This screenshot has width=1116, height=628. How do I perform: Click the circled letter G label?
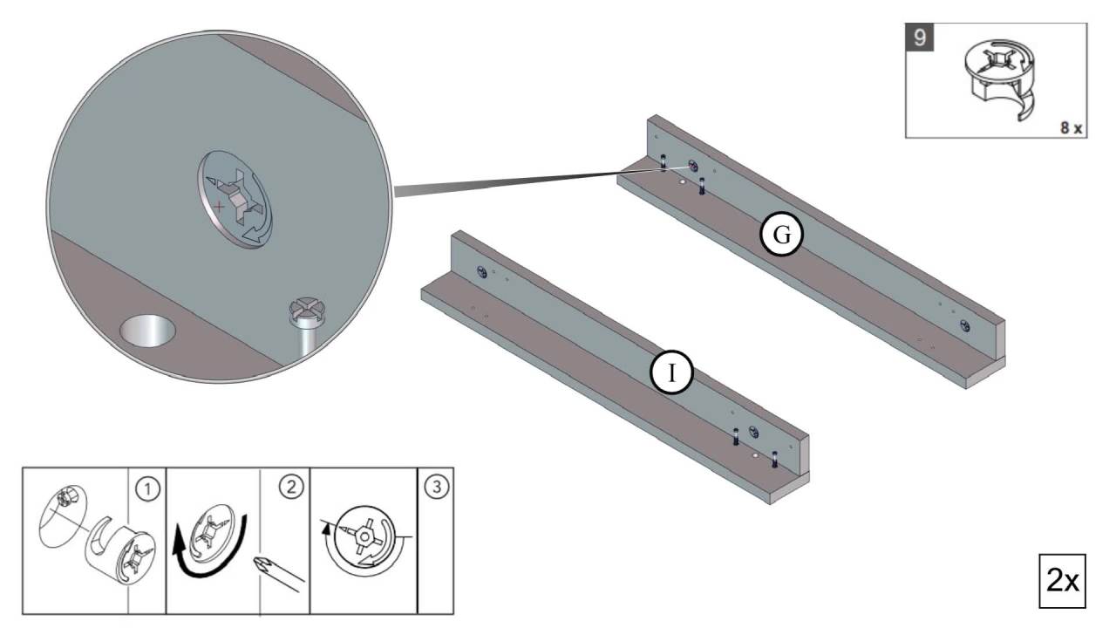pyautogui.click(x=782, y=235)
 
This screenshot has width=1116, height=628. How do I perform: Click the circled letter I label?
pyautogui.click(x=672, y=372)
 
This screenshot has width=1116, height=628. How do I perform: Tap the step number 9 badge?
pyautogui.click(x=920, y=38)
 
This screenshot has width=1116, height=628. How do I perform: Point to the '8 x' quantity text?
pyautogui.click(x=1072, y=128)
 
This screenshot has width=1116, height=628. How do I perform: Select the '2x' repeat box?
pyautogui.click(x=1062, y=581)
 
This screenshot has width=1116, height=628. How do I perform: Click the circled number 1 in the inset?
pyautogui.click(x=148, y=489)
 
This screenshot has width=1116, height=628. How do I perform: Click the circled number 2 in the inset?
pyautogui.click(x=291, y=486)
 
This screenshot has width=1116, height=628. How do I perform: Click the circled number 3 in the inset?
pyautogui.click(x=437, y=486)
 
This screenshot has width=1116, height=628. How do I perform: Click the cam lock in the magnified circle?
pyautogui.click(x=235, y=199)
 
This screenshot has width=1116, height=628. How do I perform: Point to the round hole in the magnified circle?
pyautogui.click(x=148, y=330)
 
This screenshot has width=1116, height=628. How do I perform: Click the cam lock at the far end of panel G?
pyautogui.click(x=965, y=327)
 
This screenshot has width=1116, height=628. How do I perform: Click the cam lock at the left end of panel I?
pyautogui.click(x=482, y=272)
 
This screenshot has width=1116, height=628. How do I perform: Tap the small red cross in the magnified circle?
pyautogui.click(x=219, y=205)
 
